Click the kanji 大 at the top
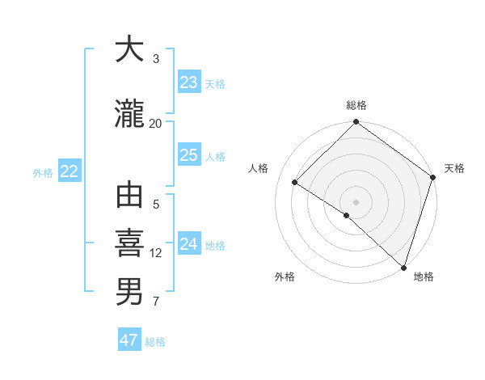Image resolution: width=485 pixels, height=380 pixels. pos(130,49)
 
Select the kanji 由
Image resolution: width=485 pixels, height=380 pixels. pos(130,196)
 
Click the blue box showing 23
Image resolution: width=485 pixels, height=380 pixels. pos(189,82)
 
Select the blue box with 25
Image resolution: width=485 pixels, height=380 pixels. pos(189,155)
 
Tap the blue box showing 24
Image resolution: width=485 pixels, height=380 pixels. pos(189,244)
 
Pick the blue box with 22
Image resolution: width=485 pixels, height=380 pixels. pos(69,171)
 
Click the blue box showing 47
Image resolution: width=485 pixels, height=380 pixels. pos(129,340)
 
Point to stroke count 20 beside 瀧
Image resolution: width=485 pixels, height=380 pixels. pos(156,123)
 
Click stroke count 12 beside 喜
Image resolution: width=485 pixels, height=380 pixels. pos(156,253)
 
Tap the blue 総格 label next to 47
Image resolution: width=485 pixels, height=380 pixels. pos(155,342)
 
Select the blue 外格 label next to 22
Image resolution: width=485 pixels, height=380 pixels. pos(43,172)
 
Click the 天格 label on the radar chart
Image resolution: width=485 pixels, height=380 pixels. pos(454,168)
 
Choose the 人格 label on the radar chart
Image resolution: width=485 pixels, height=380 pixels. pos(258,168)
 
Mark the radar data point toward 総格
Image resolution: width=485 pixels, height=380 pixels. pos(356,123)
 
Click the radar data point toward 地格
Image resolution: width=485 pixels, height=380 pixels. pos(403,267)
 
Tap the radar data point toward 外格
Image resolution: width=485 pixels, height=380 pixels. pos(347,215)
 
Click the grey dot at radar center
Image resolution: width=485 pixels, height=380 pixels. pos(356,201)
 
